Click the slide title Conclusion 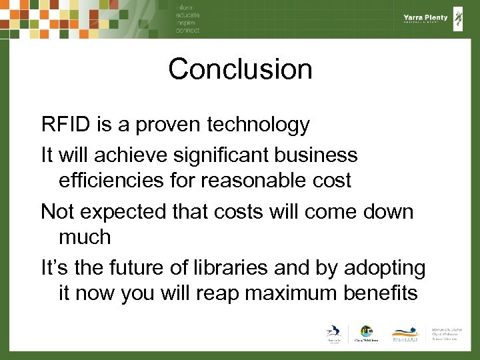click(x=240, y=69)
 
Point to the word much click(x=85, y=237)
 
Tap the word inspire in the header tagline click(x=187, y=23)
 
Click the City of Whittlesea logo click(x=366, y=333)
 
